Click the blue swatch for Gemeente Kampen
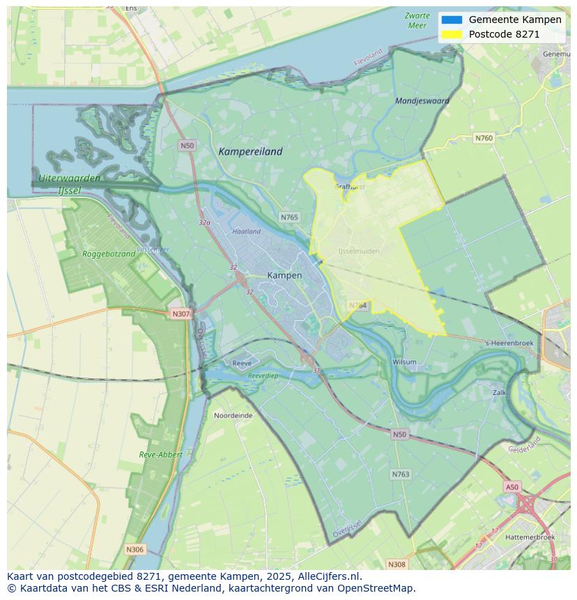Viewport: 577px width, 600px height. coord(451,20)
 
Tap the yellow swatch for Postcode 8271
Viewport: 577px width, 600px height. coord(451,34)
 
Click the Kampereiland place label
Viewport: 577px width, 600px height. coord(250,151)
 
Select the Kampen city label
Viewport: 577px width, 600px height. coord(284,275)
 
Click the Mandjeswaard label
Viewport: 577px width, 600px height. coord(422,100)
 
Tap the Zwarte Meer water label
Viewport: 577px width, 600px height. coord(417,20)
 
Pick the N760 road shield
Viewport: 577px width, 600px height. coord(484,138)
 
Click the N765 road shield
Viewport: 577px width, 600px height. coord(289,217)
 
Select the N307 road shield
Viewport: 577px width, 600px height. coord(180,314)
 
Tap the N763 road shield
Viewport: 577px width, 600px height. coord(400,474)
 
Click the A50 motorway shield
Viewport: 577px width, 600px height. coord(512,487)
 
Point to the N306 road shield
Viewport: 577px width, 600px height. coord(134,549)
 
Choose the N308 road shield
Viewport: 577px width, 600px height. coord(396,564)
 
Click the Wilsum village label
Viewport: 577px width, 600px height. coord(404,362)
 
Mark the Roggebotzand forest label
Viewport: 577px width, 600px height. coord(109,254)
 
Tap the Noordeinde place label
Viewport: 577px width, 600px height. coord(233,415)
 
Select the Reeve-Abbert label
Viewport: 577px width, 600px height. coord(160,454)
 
